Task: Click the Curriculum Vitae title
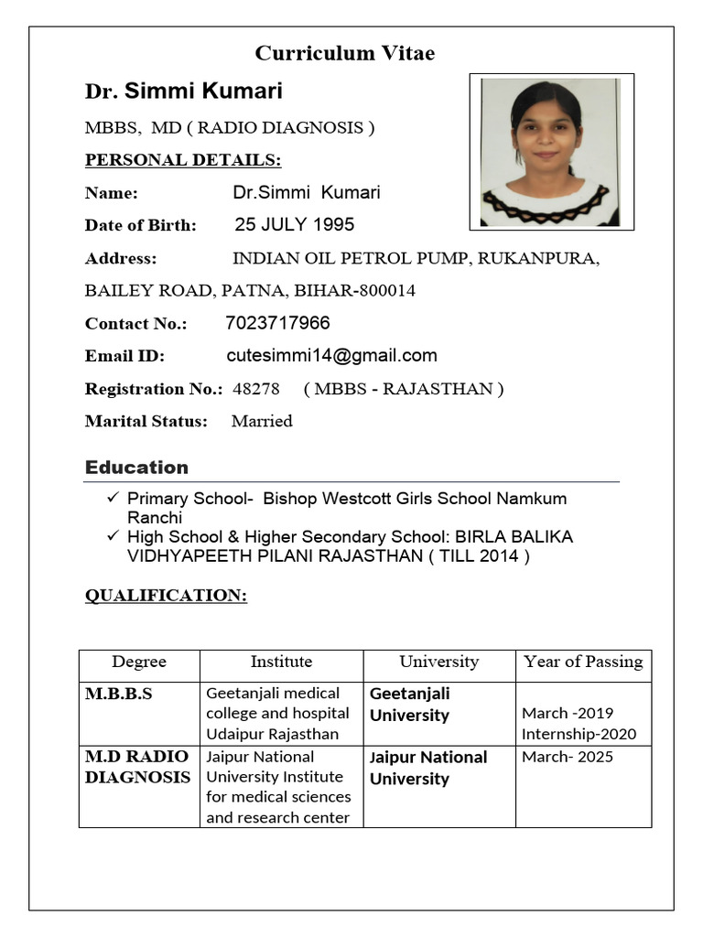(345, 53)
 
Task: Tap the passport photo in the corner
(551, 152)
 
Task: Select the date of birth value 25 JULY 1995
(294, 224)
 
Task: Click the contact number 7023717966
(277, 323)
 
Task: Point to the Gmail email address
(331, 355)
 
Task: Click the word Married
(262, 421)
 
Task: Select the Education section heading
(136, 468)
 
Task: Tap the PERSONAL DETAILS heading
(183, 160)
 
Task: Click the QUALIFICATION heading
(166, 596)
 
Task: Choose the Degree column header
(139, 662)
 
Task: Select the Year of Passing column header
(583, 662)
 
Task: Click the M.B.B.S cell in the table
(119, 694)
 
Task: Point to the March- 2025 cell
(568, 757)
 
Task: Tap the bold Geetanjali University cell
(410, 705)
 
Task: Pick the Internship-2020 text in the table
(579, 734)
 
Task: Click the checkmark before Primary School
(114, 499)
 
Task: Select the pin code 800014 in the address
(388, 291)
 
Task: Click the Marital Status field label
(146, 422)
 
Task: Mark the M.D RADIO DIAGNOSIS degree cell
(137, 767)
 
